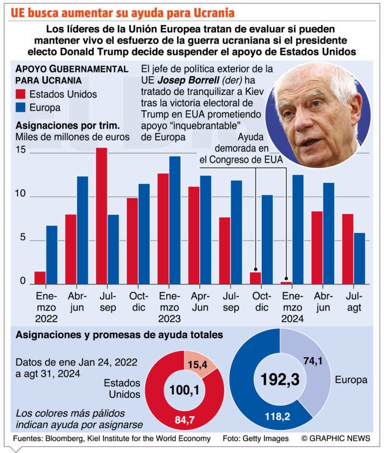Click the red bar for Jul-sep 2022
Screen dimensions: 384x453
101,216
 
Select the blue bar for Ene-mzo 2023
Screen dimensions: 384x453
174,220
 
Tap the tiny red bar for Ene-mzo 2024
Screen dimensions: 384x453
286,283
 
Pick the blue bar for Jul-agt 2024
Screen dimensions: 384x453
359,259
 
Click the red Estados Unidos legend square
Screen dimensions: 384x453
20,94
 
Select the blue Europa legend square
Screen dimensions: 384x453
20,108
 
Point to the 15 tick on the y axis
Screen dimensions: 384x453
20,150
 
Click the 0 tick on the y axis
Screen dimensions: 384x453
22,281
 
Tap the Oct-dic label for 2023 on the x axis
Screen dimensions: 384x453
262,301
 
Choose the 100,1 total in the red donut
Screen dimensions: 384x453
184,390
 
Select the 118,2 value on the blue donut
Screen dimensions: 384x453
278,417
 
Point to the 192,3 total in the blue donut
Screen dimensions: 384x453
280,379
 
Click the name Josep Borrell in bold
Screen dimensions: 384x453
188,80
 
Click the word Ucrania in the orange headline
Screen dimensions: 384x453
214,13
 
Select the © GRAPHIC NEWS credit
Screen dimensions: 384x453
336,438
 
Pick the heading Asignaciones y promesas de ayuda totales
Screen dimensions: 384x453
119,335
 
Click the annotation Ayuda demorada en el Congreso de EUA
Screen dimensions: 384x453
241,148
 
